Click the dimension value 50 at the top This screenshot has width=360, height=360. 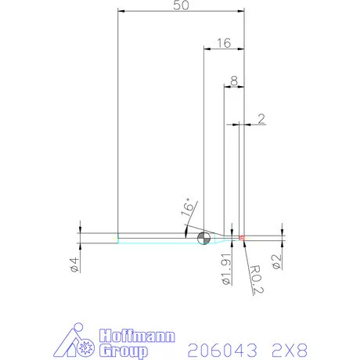pyautogui.click(x=182, y=5)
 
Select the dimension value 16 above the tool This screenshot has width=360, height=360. pyautogui.click(x=223, y=43)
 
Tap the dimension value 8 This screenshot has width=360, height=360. pyautogui.click(x=234, y=81)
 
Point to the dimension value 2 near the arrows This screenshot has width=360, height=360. pyautogui.click(x=261, y=118)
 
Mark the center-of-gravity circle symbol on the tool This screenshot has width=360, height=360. pyautogui.click(x=203, y=238)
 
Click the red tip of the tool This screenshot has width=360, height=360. pyautogui.click(x=242, y=237)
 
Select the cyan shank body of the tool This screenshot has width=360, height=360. pyautogui.click(x=157, y=238)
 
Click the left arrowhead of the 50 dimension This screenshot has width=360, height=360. pyautogui.click(x=121, y=11)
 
